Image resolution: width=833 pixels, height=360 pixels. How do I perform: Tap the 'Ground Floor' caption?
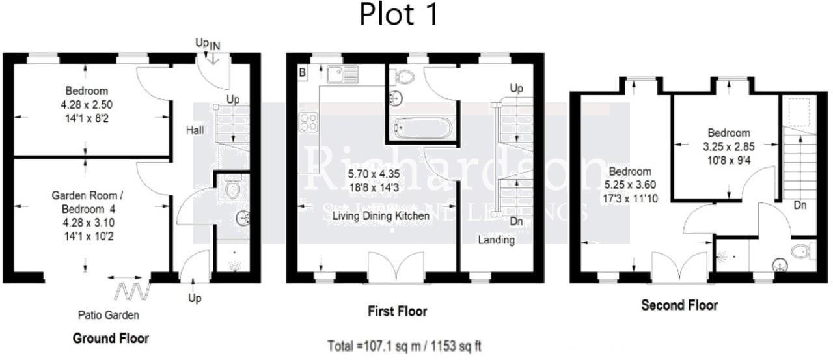(x=111, y=339)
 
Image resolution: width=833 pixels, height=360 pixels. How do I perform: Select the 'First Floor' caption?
(x=397, y=312)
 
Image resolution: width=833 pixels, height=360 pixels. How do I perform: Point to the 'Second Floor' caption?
(x=679, y=305)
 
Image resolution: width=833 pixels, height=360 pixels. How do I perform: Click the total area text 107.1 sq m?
(x=405, y=346)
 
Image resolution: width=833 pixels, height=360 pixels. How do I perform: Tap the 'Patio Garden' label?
(x=115, y=316)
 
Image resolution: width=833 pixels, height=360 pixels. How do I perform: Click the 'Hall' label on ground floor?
(x=195, y=130)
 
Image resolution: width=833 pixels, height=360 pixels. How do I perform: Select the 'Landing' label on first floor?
(x=497, y=240)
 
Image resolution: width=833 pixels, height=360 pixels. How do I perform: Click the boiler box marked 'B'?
(x=302, y=72)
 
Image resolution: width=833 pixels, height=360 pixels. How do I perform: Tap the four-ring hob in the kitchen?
(x=308, y=122)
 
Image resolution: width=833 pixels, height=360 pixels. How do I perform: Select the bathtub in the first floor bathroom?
(x=422, y=127)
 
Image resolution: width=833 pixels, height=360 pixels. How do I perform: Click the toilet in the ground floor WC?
(x=232, y=189)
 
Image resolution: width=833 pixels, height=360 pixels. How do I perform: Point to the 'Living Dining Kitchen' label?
(x=381, y=215)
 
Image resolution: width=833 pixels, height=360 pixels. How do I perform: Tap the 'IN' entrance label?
(x=215, y=44)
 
